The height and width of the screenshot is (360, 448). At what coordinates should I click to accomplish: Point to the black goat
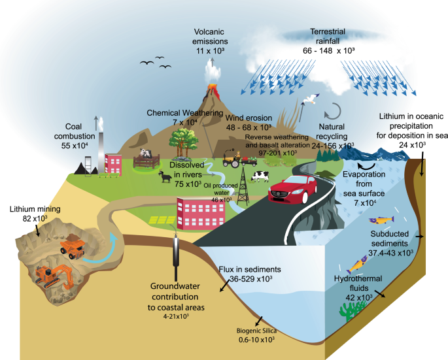[x=161, y=176]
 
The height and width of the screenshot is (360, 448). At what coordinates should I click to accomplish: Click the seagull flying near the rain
[x=310, y=101]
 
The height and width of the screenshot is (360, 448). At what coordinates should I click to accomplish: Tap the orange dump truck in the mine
[x=71, y=246]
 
